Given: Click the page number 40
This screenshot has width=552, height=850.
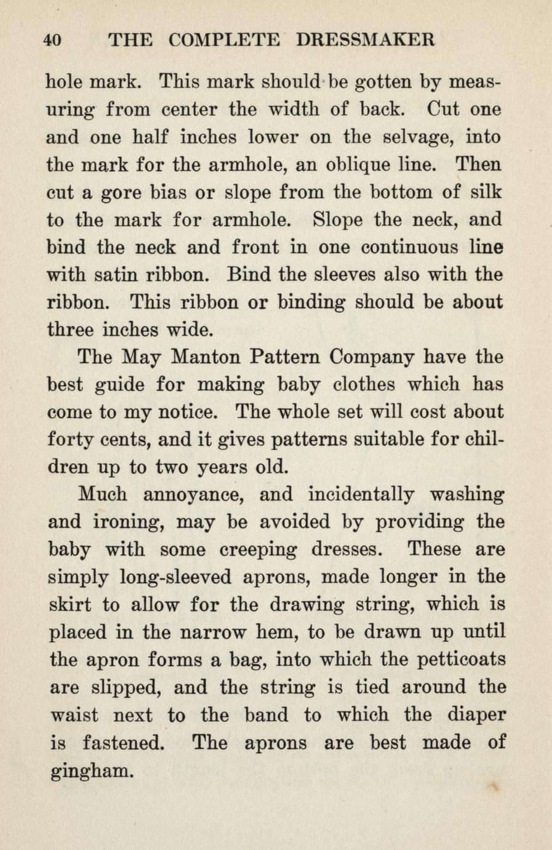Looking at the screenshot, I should [x=53, y=41].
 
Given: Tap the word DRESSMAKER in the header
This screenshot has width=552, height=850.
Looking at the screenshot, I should [x=366, y=41].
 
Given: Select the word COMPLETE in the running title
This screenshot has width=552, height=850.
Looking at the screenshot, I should [x=224, y=41].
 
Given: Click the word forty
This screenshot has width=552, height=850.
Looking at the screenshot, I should [x=71, y=440].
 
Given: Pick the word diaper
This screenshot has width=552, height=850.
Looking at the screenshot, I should [x=476, y=715].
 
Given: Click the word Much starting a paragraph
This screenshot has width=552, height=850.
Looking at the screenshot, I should [x=103, y=495].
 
